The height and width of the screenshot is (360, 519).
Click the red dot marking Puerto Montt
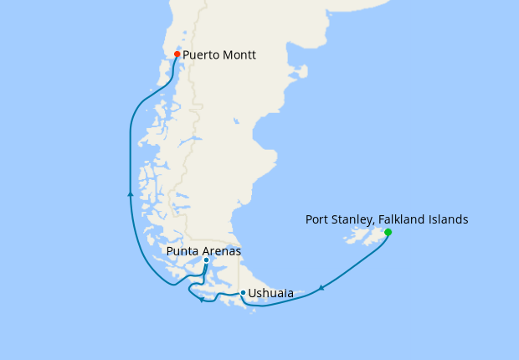177,54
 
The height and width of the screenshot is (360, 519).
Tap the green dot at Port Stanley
388,232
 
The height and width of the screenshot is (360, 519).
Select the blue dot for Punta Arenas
206,260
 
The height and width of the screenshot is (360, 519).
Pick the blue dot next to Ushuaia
243,293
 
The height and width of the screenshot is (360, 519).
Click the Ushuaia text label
271,294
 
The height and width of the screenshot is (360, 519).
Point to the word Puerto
203,56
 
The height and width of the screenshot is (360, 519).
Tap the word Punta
182,251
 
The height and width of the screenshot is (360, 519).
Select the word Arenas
221,251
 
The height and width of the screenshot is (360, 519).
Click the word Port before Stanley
316,219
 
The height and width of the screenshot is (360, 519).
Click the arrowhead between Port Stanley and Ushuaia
321,290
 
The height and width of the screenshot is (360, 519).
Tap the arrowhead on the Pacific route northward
130,193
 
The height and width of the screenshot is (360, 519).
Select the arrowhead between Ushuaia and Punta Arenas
202,301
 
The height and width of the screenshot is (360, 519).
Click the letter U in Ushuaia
253,294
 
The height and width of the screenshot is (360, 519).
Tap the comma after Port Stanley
373,224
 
